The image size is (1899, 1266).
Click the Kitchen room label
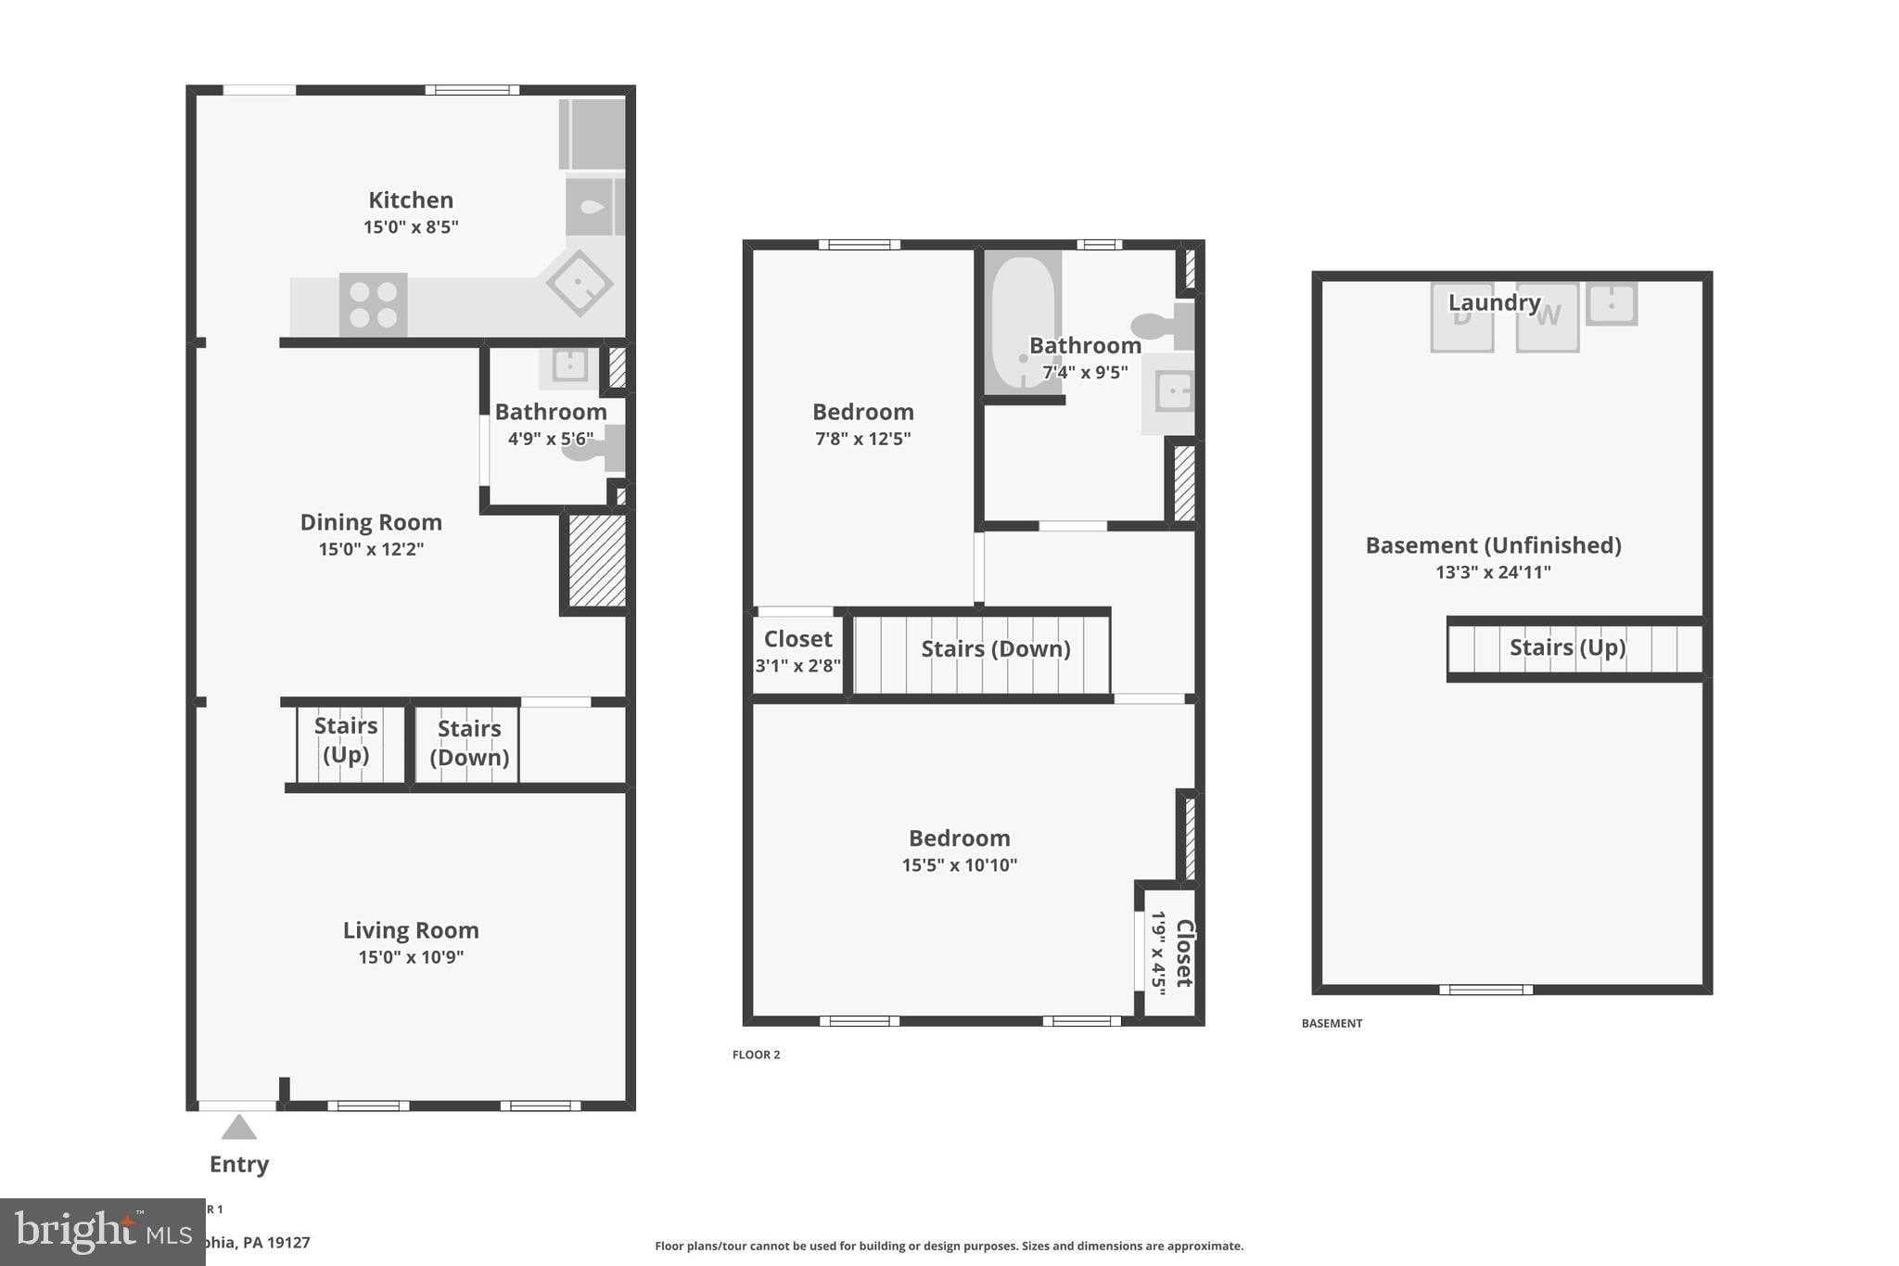[x=411, y=200]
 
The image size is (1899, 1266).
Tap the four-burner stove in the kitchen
[x=373, y=304]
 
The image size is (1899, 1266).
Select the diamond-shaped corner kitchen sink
[x=580, y=283]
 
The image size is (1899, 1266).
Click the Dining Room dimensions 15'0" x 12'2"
[x=371, y=549]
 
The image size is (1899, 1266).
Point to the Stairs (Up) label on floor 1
[x=346, y=739]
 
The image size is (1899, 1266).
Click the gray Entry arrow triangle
[x=239, y=1128]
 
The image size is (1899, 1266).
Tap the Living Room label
[x=411, y=930]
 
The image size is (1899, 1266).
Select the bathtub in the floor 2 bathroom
[x=1022, y=320]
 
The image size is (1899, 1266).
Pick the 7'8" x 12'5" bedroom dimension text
[x=862, y=439]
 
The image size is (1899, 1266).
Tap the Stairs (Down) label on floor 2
[x=995, y=649]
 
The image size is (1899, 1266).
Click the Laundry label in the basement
[x=1494, y=302]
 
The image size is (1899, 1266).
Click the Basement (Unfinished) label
[x=1493, y=545]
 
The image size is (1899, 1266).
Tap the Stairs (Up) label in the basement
[x=1567, y=647]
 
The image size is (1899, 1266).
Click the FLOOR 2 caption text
[x=756, y=1055]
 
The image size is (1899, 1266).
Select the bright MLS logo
[x=102, y=1232]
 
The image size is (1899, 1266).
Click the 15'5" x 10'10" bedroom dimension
[x=959, y=865]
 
